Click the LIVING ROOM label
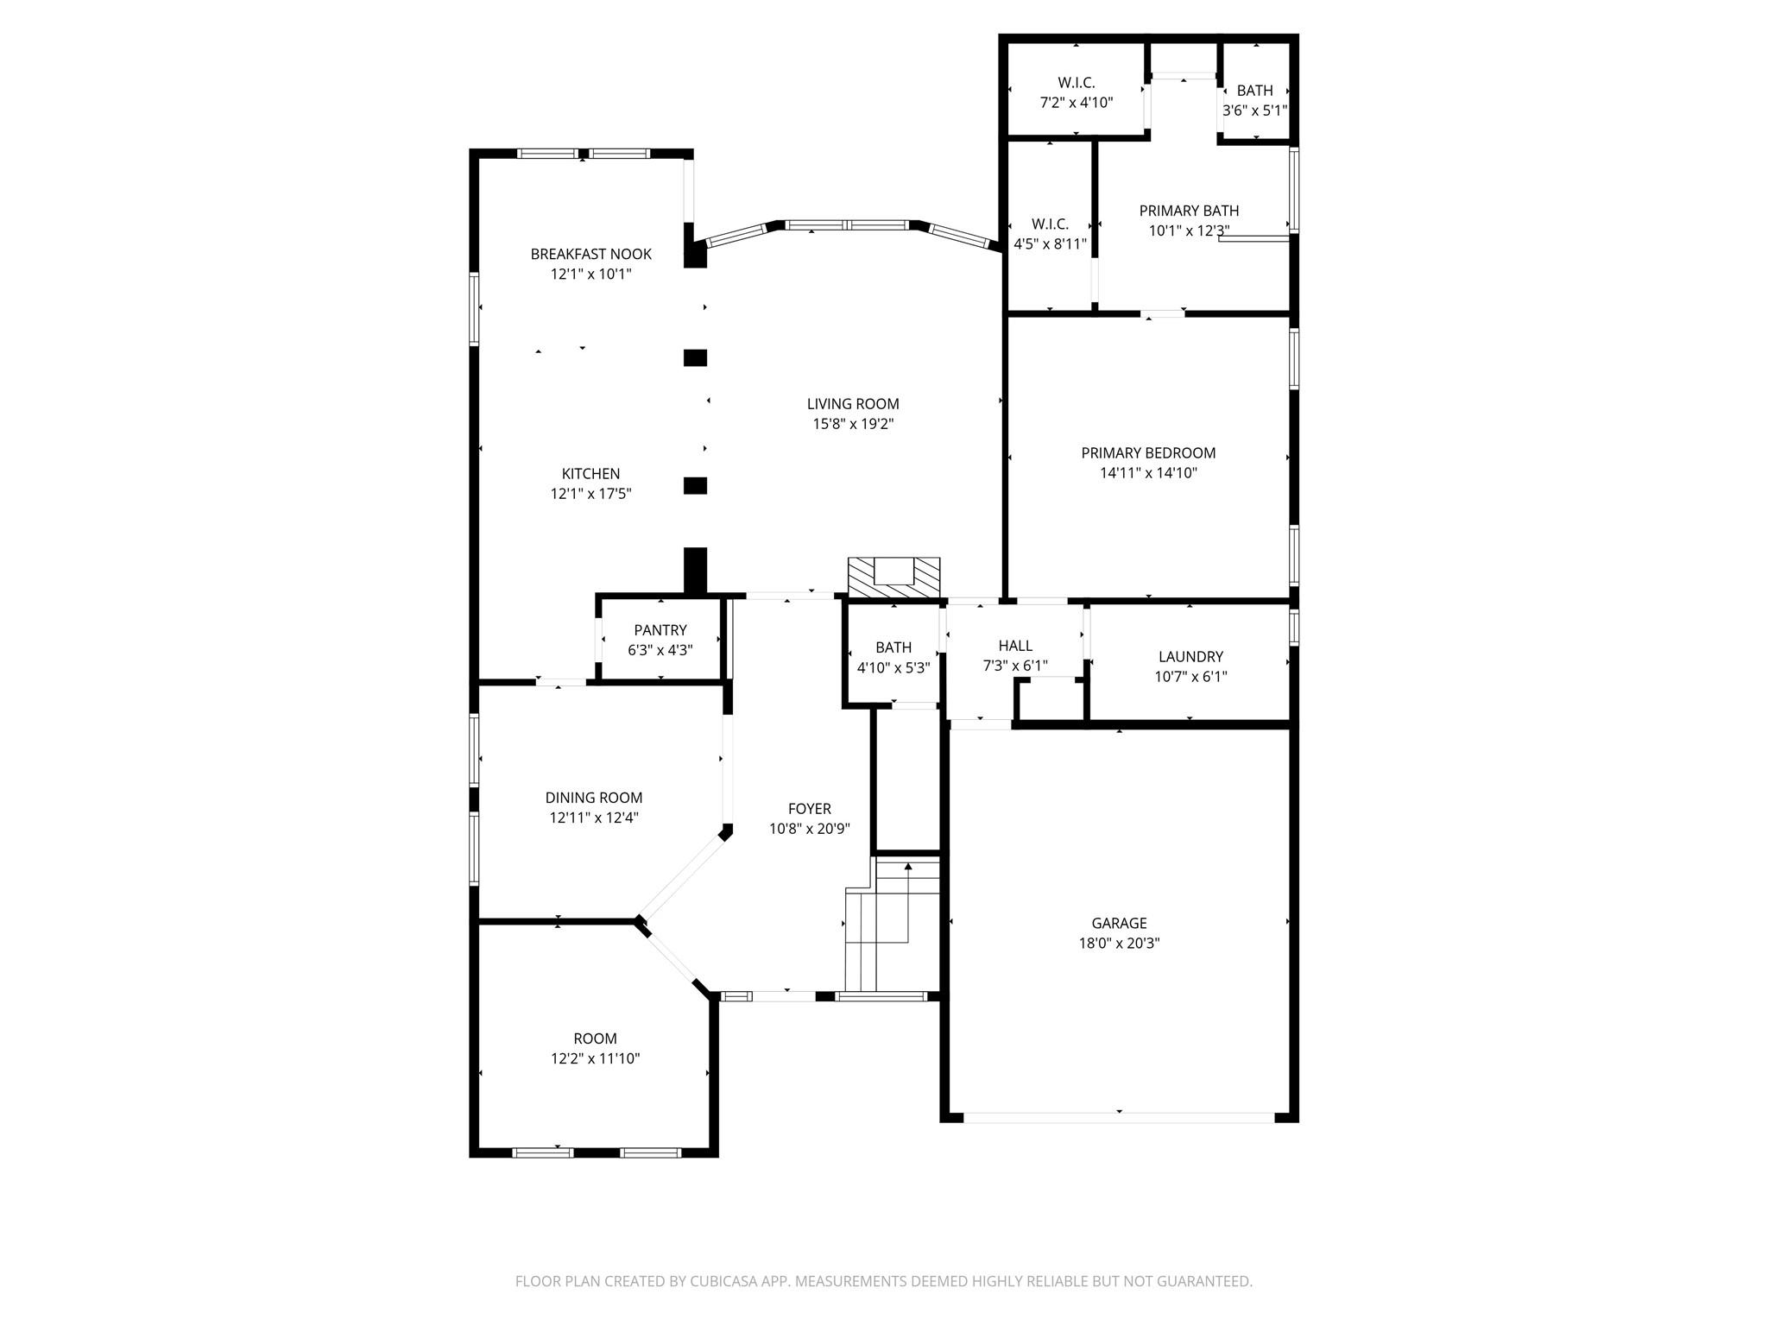pos(852,404)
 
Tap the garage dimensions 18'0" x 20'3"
pos(1119,944)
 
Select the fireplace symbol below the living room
pos(893,576)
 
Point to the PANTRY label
pos(660,630)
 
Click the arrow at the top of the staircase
pos(907,866)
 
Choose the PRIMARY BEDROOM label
pos(1147,453)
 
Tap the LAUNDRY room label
pos(1190,657)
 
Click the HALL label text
pos(1014,646)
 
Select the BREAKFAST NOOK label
pos(590,254)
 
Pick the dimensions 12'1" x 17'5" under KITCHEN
pos(590,494)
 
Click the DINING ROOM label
pos(593,798)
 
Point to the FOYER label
pos(809,809)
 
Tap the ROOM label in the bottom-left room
pos(595,1039)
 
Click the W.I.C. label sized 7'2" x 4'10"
pos(1076,83)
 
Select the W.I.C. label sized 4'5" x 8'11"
pos(1050,224)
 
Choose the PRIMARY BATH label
pos(1188,211)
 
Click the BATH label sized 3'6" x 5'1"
pos(1253,91)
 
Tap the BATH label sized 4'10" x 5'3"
pos(893,647)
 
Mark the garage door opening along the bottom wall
pos(1118,1117)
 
